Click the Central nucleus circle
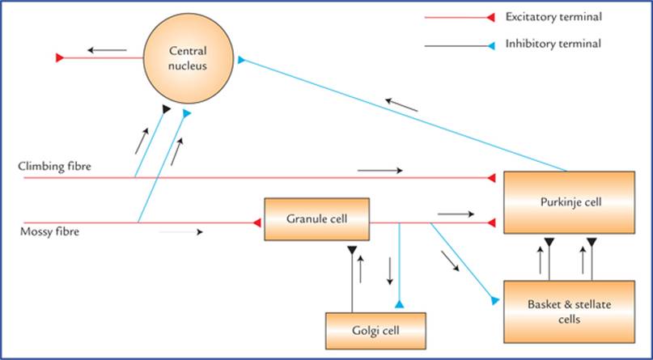coord(189,58)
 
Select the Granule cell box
coord(317,219)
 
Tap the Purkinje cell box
coord(570,202)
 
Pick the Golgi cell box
coord(375,331)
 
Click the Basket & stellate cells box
coord(570,311)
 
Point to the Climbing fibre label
coord(54,167)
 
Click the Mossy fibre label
coord(49,232)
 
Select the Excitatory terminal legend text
coord(554,17)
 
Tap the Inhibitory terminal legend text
coord(553,44)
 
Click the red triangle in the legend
coord(490,18)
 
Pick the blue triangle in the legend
coord(491,46)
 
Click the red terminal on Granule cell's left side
coord(257,222)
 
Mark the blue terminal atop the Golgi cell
coord(399,304)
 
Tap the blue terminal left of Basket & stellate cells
coord(494,300)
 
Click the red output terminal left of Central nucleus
coord(60,58)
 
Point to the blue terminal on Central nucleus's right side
coord(241,60)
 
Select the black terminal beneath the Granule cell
coord(352,250)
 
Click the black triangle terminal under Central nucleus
coord(167,109)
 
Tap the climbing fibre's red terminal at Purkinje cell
coord(491,178)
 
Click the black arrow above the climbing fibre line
coord(380,170)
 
